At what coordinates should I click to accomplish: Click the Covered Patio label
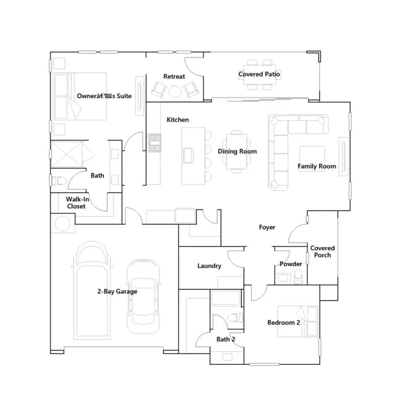coord(259,74)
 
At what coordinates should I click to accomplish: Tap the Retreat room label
coord(174,77)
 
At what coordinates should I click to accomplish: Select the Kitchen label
coord(178,120)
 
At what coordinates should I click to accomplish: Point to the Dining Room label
coord(237,151)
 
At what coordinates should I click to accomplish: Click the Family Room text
coord(317,166)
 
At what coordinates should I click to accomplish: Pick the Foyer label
coord(267,227)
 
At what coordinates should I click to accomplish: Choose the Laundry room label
coord(209,266)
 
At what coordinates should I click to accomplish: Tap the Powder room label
coord(291,264)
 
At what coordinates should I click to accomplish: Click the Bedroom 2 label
coord(284,322)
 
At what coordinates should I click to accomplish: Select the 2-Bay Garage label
coord(117,291)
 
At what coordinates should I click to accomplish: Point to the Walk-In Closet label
coord(77,203)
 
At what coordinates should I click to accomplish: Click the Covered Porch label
coord(322,251)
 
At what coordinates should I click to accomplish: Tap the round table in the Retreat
coord(175,92)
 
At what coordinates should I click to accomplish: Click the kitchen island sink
coord(188,156)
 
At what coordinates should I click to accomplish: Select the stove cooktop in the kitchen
coord(154,143)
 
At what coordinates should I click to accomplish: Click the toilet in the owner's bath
coord(59,181)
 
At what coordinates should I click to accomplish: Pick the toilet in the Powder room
coord(298,276)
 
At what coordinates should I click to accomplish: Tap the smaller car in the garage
coord(143,296)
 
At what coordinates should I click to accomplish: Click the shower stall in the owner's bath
coord(67,154)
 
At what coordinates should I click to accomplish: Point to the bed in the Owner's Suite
coord(80,96)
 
